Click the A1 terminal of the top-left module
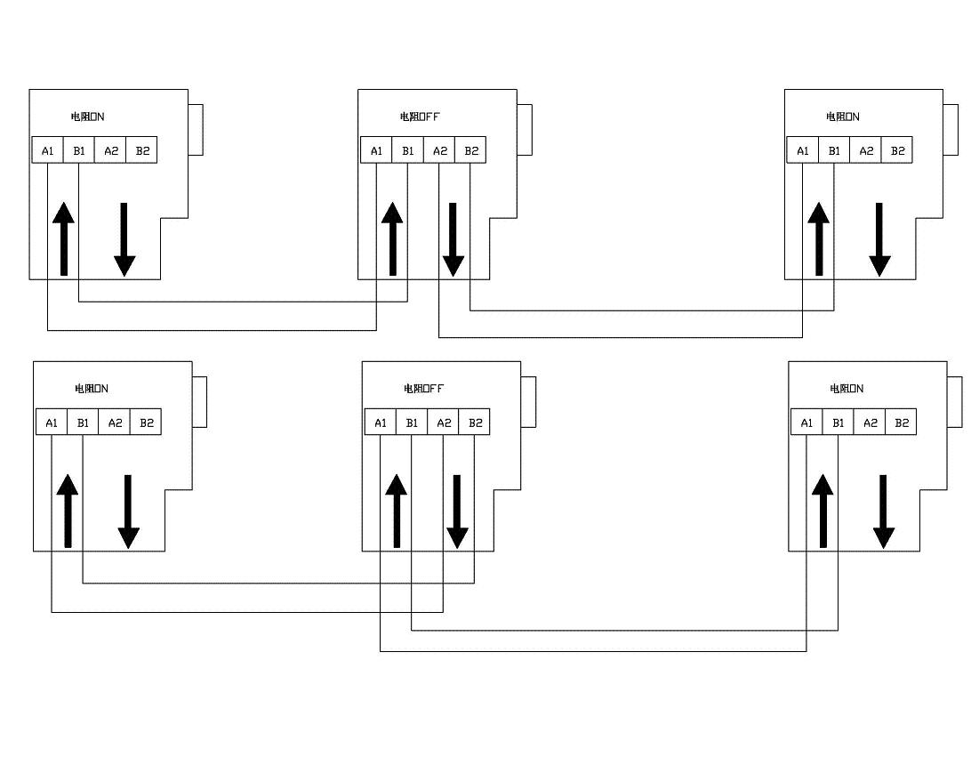tap(48, 150)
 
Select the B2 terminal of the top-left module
tap(141, 150)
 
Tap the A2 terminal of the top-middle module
tap(439, 150)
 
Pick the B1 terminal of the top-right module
tap(834, 150)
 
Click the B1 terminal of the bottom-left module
tap(83, 423)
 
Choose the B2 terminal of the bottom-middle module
tap(474, 423)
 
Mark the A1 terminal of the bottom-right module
tap(806, 423)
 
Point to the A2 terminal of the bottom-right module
tap(870, 423)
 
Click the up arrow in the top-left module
tap(63, 238)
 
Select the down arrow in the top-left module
tap(124, 239)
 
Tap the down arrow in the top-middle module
tap(453, 239)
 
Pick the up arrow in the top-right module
tap(818, 238)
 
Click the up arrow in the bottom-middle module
tap(396, 510)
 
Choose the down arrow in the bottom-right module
tap(883, 511)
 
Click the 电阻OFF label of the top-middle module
tap(421, 117)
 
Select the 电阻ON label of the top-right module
tap(843, 117)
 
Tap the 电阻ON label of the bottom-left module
tap(92, 389)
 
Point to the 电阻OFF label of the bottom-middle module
tap(424, 389)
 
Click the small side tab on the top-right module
tap(951, 130)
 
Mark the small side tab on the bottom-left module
tap(199, 402)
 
